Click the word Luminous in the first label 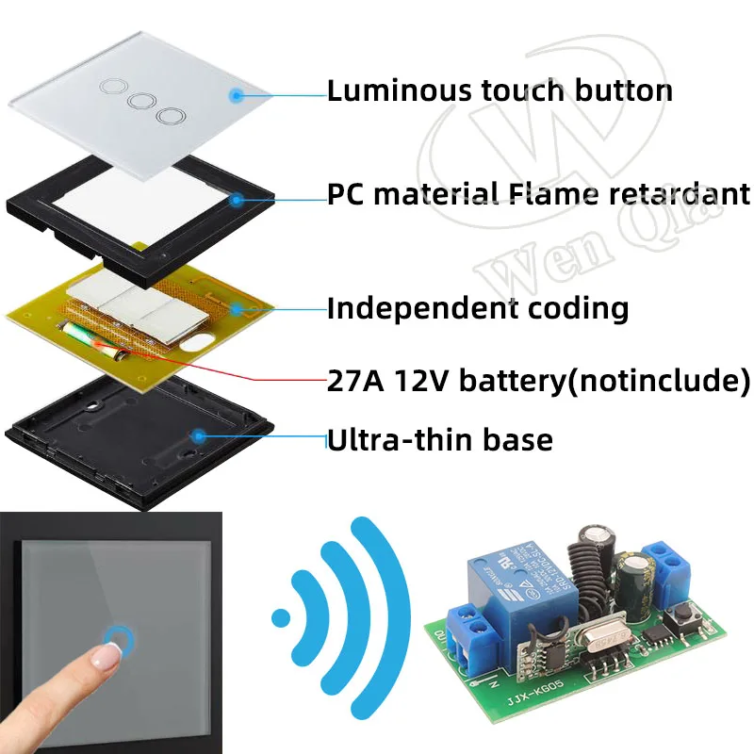386,91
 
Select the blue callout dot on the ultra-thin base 199,435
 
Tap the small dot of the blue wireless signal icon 279,618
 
